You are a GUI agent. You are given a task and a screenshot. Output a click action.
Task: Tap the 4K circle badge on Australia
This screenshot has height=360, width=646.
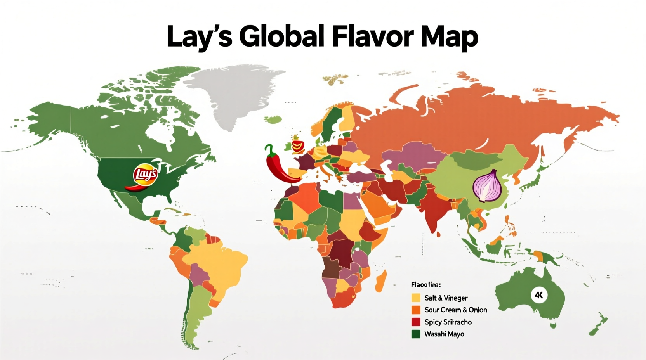[x=538, y=295]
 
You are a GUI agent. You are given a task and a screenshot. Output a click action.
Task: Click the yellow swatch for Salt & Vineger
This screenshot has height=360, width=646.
[x=416, y=298]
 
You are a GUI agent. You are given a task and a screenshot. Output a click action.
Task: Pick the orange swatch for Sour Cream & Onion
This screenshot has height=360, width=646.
[x=416, y=310]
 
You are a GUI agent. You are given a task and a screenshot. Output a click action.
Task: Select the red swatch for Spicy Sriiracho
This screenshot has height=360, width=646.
[x=416, y=322]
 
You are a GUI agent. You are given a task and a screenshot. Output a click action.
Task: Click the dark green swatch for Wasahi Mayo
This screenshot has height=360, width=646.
[x=416, y=334]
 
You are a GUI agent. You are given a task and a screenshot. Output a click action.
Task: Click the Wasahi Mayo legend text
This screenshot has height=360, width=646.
[x=444, y=334]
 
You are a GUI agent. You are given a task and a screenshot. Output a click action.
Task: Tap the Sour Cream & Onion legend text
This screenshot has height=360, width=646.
[x=456, y=310]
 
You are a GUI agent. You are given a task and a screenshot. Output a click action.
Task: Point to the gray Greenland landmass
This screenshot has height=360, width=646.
[x=229, y=93]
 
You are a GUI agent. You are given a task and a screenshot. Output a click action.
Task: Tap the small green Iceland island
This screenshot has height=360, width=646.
[x=275, y=119]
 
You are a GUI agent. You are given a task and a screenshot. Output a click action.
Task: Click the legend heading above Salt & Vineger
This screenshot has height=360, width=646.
[x=425, y=285]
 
